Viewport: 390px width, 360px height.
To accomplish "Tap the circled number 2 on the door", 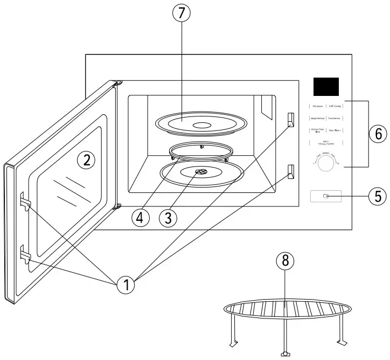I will [86, 158].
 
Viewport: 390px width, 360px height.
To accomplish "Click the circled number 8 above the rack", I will [285, 261].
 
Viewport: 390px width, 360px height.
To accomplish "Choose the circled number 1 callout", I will [127, 285].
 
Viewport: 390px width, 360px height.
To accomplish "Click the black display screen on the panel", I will [325, 86].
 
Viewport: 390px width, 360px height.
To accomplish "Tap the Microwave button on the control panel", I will [317, 107].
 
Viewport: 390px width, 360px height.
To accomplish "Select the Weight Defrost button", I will [317, 119].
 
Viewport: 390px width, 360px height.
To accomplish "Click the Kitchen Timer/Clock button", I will [317, 130].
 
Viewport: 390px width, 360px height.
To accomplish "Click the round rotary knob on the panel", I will [326, 166].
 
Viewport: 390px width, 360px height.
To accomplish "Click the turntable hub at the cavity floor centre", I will [200, 172].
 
